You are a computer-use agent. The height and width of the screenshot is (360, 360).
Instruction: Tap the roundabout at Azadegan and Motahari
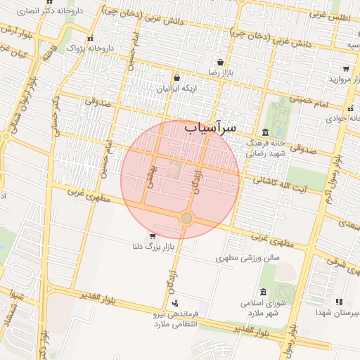coord(186,219)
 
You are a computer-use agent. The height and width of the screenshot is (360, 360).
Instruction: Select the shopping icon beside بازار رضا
coord(220,62)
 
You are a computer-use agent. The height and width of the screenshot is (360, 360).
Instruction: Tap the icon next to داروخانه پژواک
coord(89,39)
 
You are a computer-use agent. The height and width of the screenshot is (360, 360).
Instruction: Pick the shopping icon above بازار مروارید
coord(347,69)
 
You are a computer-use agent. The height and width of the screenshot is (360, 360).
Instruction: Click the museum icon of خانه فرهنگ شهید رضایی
coord(264,132)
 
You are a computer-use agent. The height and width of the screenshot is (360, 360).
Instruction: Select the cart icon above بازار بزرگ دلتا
coord(153,236)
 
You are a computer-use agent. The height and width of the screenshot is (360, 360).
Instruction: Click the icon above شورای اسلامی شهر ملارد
coord(263,292)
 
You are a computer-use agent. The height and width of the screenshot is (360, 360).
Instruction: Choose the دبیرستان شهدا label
coord(336,311)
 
